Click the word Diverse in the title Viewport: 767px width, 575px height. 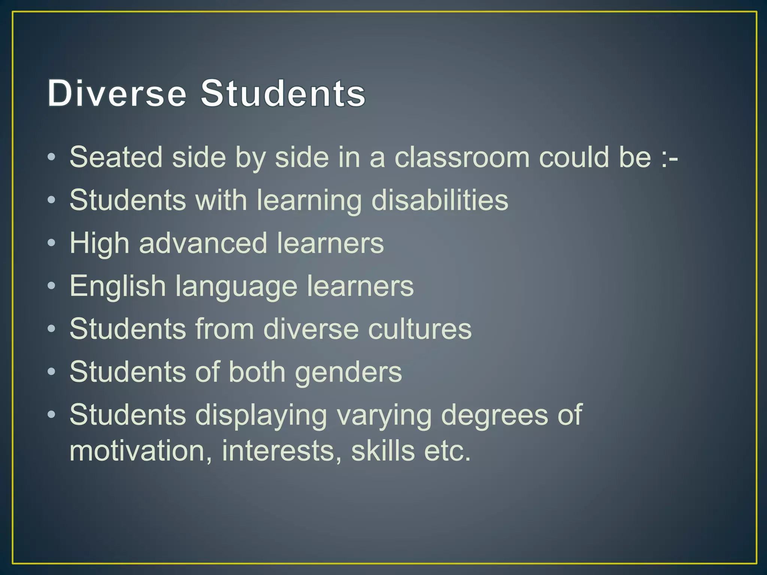pos(116,93)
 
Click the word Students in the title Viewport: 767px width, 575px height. pos(283,93)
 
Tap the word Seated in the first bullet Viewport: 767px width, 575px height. pos(116,157)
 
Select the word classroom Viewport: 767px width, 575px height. pos(462,157)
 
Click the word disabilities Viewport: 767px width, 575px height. pos(440,200)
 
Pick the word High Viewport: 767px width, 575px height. pos(100,243)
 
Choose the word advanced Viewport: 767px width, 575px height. pos(203,243)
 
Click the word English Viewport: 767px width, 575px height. pos(118,286)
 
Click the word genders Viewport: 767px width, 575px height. pos(348,373)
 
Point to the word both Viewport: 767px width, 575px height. pos(257,372)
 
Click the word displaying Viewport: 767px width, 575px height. pos(261,416)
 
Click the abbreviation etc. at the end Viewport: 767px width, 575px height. pos(447,451)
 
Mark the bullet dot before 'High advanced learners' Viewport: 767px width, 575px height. pos(52,243)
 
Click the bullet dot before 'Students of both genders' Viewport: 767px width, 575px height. pos(52,372)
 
